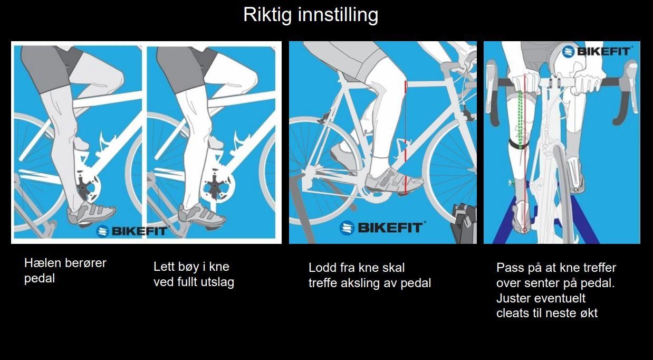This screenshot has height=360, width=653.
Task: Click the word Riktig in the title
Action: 267,15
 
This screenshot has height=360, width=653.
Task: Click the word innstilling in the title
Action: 338,15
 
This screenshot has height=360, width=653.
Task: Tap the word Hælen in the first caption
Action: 43,263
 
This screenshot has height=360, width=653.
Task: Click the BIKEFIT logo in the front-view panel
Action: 597,52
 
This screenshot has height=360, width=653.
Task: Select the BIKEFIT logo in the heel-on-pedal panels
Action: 131,231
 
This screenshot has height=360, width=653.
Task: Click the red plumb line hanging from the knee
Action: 405,138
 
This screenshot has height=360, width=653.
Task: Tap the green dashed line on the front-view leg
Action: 520,120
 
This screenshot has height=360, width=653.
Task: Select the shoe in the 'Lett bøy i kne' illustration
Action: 201,216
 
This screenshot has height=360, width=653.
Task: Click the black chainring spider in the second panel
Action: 215,187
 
